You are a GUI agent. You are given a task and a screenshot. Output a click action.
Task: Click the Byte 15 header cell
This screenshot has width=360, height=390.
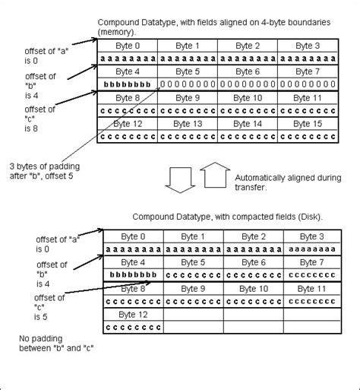coord(305,124)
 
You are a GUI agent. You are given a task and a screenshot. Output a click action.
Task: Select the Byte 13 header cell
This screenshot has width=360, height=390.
coord(188,124)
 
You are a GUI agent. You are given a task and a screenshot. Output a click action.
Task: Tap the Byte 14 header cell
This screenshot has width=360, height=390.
coord(247,124)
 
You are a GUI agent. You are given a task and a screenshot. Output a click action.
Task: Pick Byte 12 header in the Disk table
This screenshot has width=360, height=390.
coord(132,315)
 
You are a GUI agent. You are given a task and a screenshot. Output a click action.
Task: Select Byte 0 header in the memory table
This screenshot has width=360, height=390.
coord(128,45)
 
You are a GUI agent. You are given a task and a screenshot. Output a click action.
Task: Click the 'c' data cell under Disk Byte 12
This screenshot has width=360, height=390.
coord(132,328)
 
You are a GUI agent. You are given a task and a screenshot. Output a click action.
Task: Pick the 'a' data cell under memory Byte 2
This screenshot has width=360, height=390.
coord(247,58)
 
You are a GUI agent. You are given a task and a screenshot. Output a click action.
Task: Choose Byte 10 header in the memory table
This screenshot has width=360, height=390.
coord(247,98)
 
